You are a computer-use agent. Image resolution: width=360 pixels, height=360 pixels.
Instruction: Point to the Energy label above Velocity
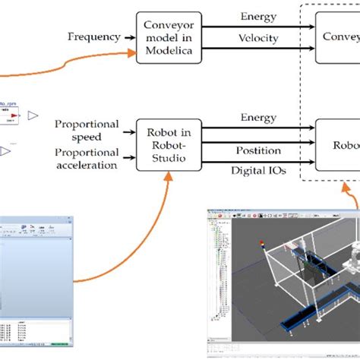[x=259, y=15]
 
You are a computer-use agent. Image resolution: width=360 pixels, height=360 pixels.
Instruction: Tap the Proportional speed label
[x=87, y=129]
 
